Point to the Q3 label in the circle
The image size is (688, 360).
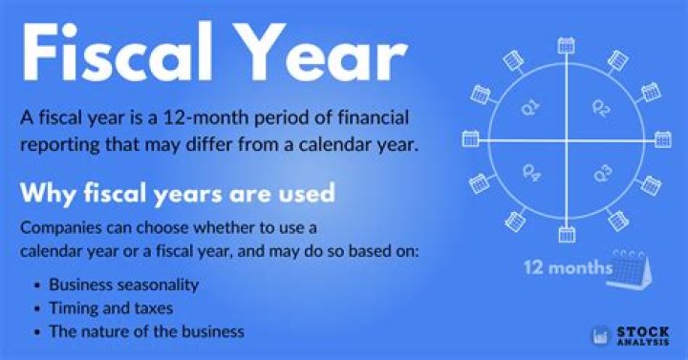pos(602,174)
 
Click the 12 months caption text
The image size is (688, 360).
pos(568,267)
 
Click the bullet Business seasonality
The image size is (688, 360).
pos(123,285)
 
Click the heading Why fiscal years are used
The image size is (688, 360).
pos(177,194)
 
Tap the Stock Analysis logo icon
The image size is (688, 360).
pos(599,335)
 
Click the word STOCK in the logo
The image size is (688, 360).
pos(635,329)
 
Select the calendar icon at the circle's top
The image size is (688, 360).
pos(566,44)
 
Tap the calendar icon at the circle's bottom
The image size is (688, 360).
pos(566,232)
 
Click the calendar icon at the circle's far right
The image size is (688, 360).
pos(661,139)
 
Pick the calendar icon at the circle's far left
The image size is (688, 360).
pos(470,139)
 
